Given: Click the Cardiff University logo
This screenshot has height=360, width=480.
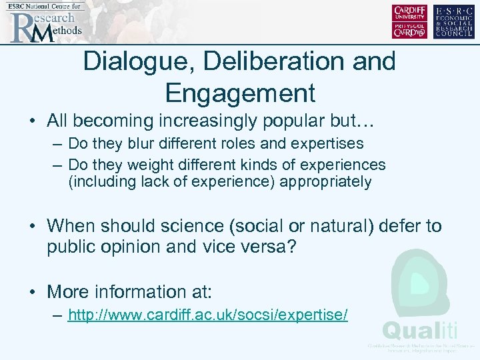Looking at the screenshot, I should (x=410, y=21).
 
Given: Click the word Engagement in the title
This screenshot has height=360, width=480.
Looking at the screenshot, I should (x=239, y=93).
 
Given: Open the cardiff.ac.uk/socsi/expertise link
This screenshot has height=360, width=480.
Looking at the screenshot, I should (x=208, y=315).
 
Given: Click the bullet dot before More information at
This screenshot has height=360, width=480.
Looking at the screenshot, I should (x=32, y=292).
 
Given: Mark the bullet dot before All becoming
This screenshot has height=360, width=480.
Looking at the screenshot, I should (x=32, y=121).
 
